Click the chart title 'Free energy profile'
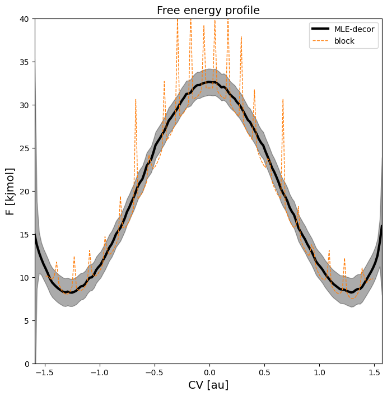(x=208, y=11)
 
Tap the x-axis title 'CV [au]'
(x=208, y=385)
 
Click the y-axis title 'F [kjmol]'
(x=10, y=191)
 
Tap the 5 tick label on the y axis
(x=27, y=320)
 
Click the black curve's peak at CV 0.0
(x=209, y=82)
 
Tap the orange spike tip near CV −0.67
(x=136, y=99)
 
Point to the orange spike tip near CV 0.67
(x=283, y=99)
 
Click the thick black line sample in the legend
(x=325, y=30)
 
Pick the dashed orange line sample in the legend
(x=325, y=41)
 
